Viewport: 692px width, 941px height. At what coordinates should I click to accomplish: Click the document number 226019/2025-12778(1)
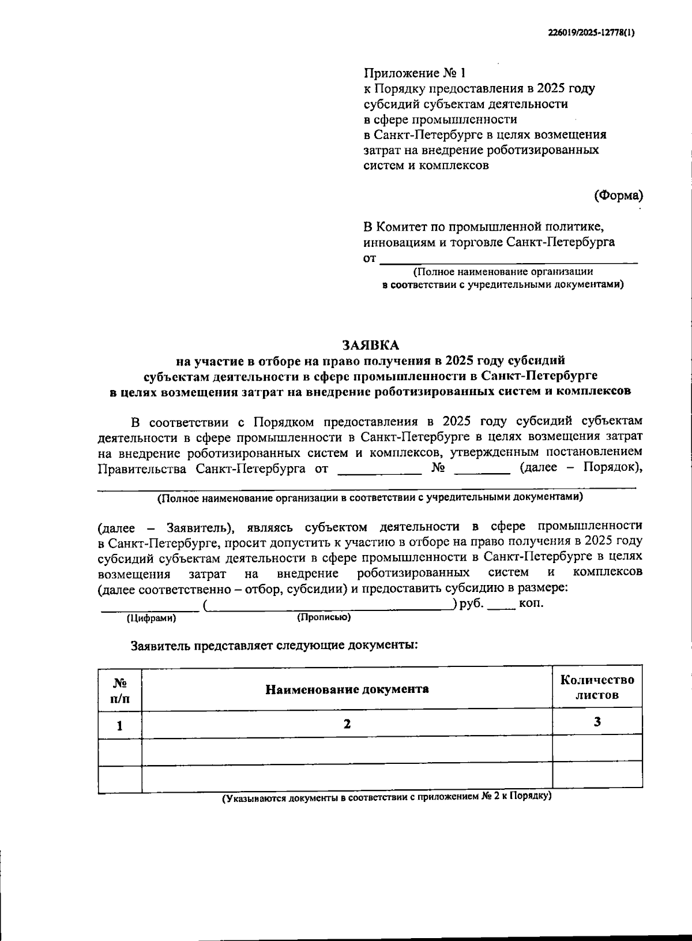tap(591, 33)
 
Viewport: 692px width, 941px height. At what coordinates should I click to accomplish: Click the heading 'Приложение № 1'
tap(413, 73)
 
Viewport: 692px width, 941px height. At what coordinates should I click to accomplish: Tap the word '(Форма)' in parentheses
tap(618, 195)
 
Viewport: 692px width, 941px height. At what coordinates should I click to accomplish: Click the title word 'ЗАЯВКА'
tap(371, 345)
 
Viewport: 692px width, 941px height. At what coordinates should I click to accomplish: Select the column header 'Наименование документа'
tap(347, 689)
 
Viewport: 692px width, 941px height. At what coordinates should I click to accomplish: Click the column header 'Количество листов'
tap(597, 687)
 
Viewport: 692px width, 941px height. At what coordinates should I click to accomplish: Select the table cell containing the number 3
tap(597, 722)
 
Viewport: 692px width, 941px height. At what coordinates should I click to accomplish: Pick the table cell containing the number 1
tap(120, 725)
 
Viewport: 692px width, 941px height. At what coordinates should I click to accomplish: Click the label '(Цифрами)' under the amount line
tap(151, 618)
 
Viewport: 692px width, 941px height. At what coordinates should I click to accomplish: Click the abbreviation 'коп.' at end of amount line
tap(531, 604)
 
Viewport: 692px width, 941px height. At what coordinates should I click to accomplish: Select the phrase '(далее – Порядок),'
tap(581, 467)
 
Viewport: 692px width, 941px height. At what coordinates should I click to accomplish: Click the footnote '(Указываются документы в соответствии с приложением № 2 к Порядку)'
tap(388, 797)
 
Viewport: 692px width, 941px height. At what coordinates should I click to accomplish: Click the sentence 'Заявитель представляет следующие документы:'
tap(274, 645)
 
